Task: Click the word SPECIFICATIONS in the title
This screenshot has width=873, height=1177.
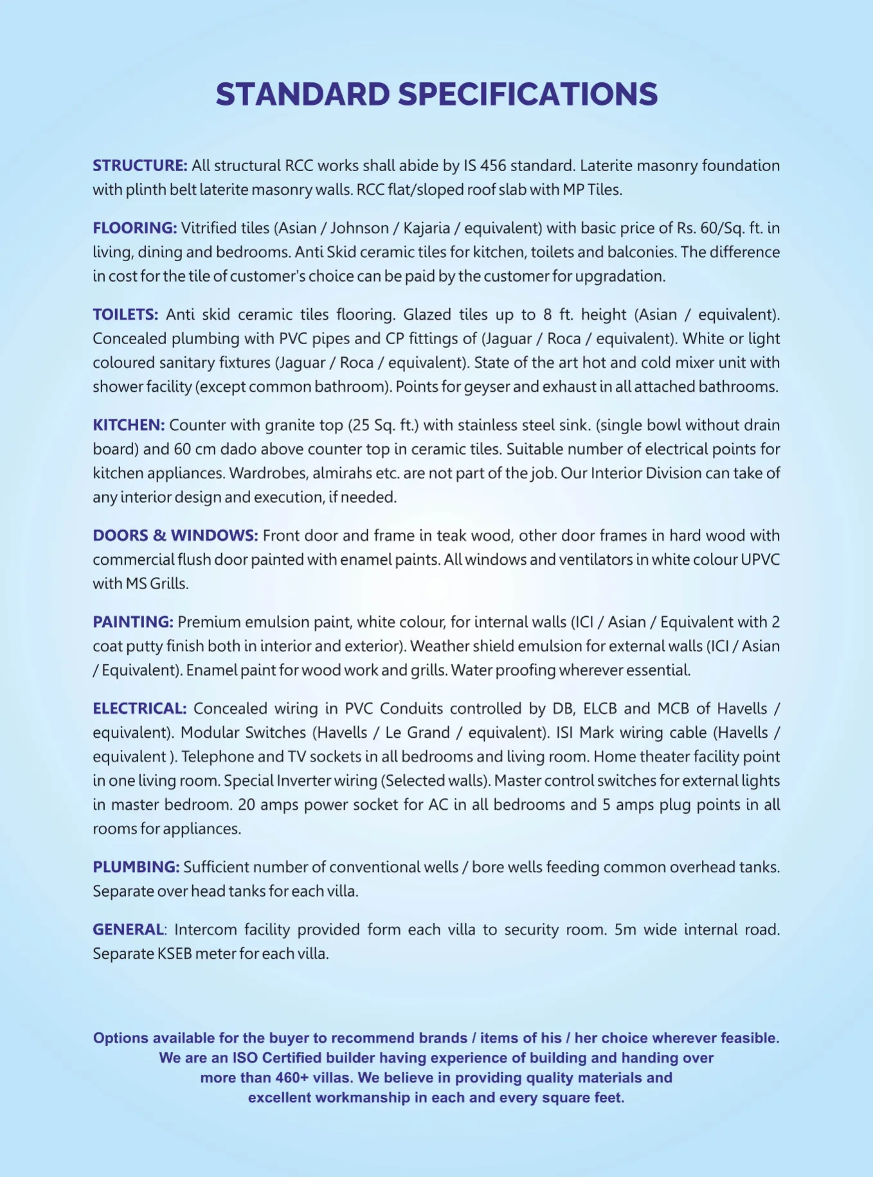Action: [528, 95]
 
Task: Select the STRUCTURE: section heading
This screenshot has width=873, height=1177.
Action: [140, 166]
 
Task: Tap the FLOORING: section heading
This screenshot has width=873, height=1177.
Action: [134, 228]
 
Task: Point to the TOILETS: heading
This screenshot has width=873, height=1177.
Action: [125, 315]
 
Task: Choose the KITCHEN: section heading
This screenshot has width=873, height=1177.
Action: [129, 425]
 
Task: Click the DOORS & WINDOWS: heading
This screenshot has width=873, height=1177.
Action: [175, 536]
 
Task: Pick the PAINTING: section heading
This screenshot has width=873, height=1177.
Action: [133, 622]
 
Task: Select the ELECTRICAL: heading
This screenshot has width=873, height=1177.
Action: [139, 709]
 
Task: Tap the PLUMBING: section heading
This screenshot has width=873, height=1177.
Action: [136, 867]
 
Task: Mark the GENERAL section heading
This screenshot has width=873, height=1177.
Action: [128, 929]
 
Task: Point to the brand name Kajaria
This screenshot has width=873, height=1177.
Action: [426, 228]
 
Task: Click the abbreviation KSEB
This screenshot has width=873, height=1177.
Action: [174, 954]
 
